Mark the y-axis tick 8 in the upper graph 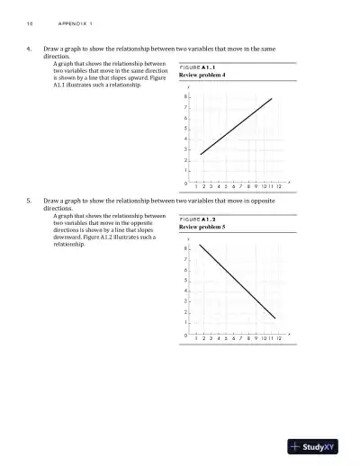click(x=185, y=97)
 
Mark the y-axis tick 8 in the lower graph click(x=185, y=249)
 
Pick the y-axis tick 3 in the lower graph click(x=185, y=301)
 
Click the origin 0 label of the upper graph click(x=185, y=184)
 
